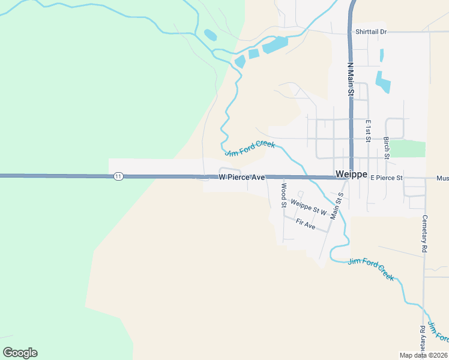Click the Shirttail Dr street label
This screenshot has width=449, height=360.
tap(371, 31)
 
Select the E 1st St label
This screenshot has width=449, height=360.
tap(369, 130)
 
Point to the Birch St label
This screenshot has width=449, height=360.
tap(387, 148)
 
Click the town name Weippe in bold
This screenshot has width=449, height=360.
tap(351, 174)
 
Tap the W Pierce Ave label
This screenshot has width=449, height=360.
tap(241, 178)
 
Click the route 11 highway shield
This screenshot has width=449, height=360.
tap(118, 176)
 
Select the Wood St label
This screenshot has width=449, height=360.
tap(283, 193)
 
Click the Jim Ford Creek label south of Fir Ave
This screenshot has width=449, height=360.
tap(371, 269)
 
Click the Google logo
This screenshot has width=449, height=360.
tap(20, 353)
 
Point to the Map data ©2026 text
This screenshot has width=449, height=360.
tap(424, 355)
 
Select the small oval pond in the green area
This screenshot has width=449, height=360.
tap(211, 35)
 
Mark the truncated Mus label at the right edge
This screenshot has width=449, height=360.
tap(442, 178)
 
